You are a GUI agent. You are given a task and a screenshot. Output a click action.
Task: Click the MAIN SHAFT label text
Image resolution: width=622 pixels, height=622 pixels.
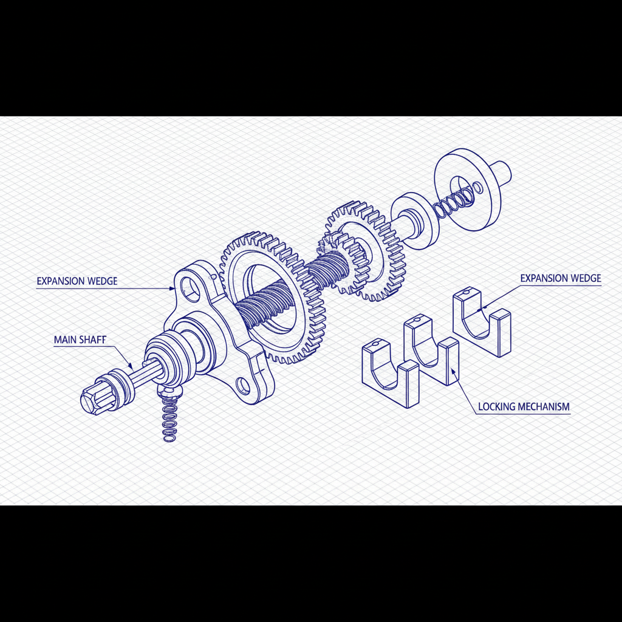click(x=80, y=340)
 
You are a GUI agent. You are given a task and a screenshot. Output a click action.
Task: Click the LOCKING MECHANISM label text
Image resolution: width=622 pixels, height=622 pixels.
click(x=524, y=406)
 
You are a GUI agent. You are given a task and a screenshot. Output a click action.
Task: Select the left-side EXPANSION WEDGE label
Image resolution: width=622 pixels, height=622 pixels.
click(x=77, y=281)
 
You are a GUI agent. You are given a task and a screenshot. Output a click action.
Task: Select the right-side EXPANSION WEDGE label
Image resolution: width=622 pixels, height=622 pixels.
click(x=560, y=278)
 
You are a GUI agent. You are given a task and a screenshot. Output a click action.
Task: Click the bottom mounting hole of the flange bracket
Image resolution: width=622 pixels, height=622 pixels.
click(x=243, y=384)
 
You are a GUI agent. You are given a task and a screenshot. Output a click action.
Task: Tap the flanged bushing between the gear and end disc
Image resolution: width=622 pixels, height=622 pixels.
click(x=414, y=220)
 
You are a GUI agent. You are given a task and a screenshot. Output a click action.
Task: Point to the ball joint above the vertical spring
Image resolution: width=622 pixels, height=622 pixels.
click(x=166, y=389)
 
